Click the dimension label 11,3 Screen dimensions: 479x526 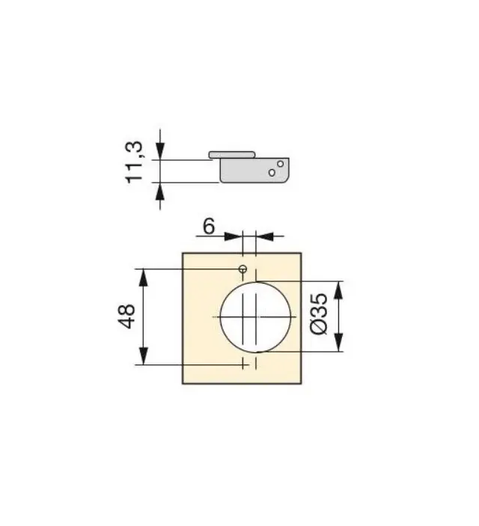click(x=135, y=162)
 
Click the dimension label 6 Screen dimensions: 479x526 click(x=209, y=227)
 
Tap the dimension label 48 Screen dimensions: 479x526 click(x=126, y=316)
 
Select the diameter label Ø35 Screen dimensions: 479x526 click(x=319, y=314)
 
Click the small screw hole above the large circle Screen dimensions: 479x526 click(x=242, y=269)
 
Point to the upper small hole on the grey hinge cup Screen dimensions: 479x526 click(x=280, y=164)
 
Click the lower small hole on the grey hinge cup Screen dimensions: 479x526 click(x=272, y=173)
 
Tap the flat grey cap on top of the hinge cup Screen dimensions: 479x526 click(x=232, y=155)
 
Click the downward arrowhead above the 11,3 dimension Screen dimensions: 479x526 click(x=160, y=151)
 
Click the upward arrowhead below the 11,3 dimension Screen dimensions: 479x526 click(x=160, y=192)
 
